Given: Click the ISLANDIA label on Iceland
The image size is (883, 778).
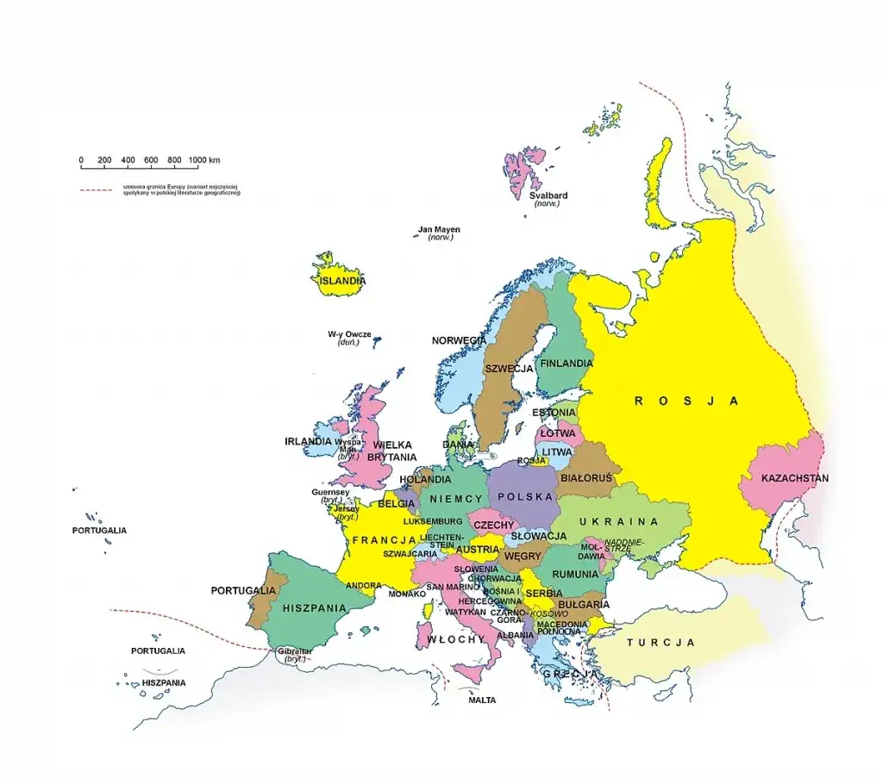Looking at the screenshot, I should click(342, 281).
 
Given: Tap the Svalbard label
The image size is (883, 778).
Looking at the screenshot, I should click(548, 195).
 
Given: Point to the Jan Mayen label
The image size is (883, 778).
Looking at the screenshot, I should click(439, 230).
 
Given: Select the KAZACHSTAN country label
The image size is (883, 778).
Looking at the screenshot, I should click(794, 478).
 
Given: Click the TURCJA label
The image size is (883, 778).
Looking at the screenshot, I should click(661, 643).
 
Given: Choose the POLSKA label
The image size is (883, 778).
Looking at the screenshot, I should click(524, 497).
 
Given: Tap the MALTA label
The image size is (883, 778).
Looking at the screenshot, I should click(482, 700).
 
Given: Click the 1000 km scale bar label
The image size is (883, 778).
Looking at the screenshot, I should click(204, 160).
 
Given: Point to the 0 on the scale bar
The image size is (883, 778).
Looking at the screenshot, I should click(81, 160).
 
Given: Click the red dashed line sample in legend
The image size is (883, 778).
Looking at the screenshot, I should click(96, 189).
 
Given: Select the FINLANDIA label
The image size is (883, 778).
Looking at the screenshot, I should click(566, 364).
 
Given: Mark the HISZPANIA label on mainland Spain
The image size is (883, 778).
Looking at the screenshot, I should click(308, 607).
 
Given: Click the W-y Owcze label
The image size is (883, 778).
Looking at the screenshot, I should click(348, 333).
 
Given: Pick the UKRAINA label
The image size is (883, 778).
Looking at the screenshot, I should click(618, 522).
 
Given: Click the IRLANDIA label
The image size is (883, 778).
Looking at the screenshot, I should click(308, 441).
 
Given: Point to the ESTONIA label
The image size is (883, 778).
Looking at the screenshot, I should click(554, 413).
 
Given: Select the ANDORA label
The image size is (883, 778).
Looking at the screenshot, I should click(363, 586).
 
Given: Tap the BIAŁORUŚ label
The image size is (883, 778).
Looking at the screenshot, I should click(586, 476).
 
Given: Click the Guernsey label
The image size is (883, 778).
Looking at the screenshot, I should click(330, 493).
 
